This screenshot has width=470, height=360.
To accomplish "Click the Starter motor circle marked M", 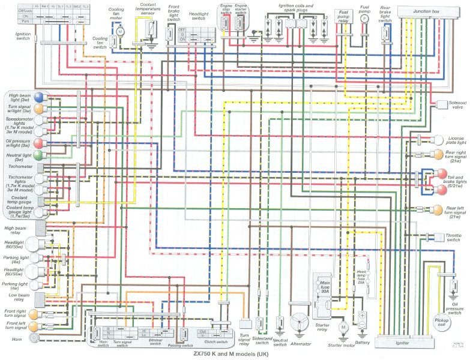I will (x=343, y=327).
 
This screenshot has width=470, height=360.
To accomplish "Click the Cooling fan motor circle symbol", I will (x=120, y=31).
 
